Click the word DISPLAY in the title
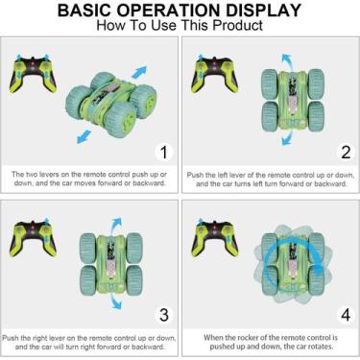(x=264, y=11)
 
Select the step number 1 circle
(x=164, y=153)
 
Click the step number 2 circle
(x=346, y=153)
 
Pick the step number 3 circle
(x=164, y=315)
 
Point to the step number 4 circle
(x=346, y=315)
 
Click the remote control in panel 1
(x=33, y=74)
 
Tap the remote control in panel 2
(x=215, y=74)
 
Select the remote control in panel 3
(x=33, y=238)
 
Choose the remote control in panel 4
(x=215, y=238)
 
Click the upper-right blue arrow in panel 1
(x=139, y=72)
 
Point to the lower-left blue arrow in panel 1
(x=84, y=136)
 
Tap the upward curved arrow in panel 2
(x=287, y=60)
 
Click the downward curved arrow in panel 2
(x=287, y=137)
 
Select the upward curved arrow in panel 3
(x=116, y=225)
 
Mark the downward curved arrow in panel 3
(x=115, y=301)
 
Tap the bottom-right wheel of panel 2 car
(x=316, y=116)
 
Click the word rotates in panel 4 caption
(x=321, y=347)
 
